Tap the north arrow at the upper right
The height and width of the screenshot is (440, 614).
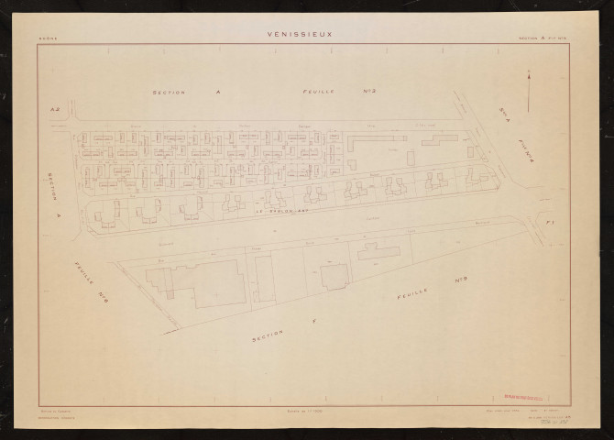[x=529, y=92]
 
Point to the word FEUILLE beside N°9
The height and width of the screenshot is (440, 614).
[x=412, y=293]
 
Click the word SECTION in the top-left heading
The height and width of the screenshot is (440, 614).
[x=169, y=93]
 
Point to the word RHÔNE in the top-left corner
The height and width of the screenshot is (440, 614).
[x=48, y=38]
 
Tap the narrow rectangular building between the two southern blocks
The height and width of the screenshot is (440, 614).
[x=264, y=279]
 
